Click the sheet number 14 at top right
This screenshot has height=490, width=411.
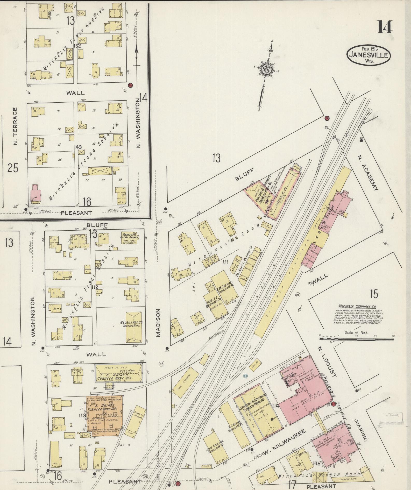(x=385, y=27)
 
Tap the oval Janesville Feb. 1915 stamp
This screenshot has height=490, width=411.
(x=369, y=55)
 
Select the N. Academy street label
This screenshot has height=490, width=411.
(x=367, y=173)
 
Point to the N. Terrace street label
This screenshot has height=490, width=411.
(x=15, y=126)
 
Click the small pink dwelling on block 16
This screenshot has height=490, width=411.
(x=36, y=193)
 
